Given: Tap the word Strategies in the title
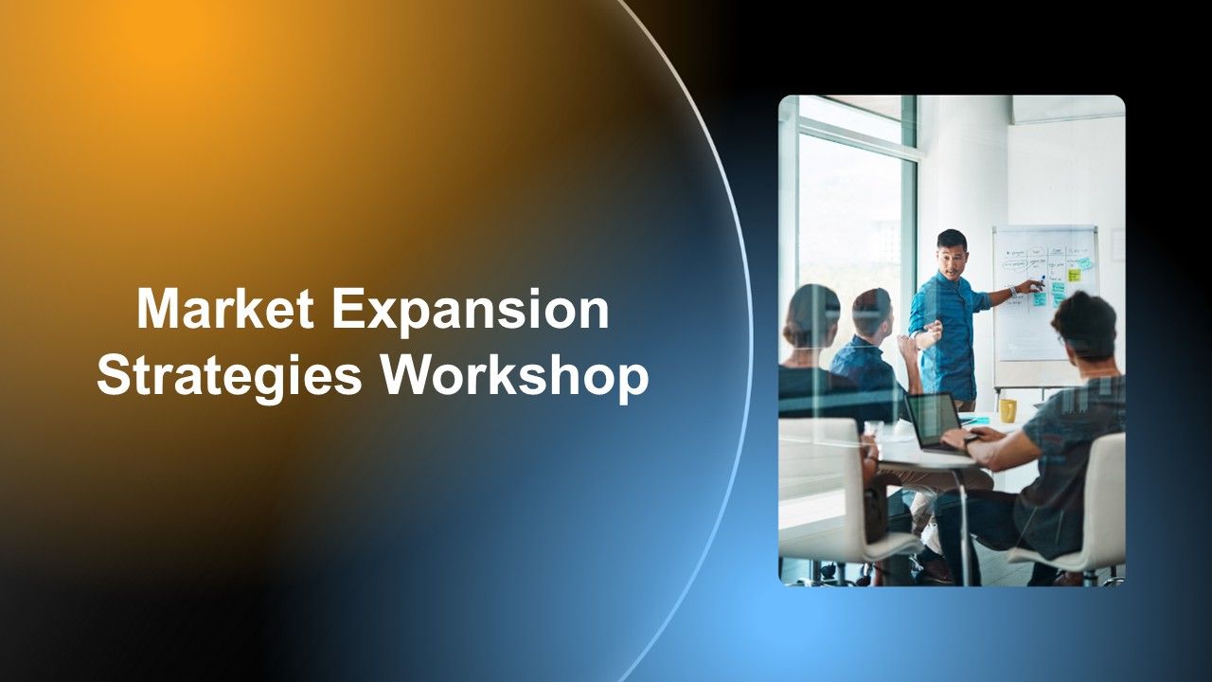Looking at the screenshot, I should click(x=228, y=375).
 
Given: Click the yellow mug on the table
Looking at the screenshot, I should click(x=1008, y=410).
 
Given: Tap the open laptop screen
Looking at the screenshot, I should click(x=933, y=418).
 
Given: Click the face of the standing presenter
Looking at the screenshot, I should click(x=952, y=257).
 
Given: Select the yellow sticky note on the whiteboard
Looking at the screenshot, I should click(x=1074, y=275).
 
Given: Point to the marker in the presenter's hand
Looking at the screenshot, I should click(x=1041, y=281).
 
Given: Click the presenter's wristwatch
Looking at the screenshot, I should click(x=1012, y=291).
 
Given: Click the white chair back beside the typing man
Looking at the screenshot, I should click(x=1103, y=502).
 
